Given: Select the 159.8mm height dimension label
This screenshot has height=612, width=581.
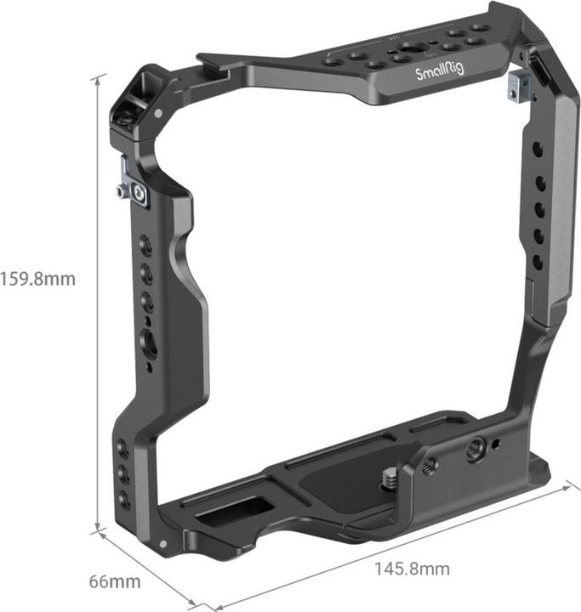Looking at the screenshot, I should click(37, 278).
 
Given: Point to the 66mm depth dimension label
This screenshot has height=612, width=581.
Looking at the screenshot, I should click(114, 581).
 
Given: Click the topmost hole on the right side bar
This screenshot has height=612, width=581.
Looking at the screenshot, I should click(537, 150).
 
